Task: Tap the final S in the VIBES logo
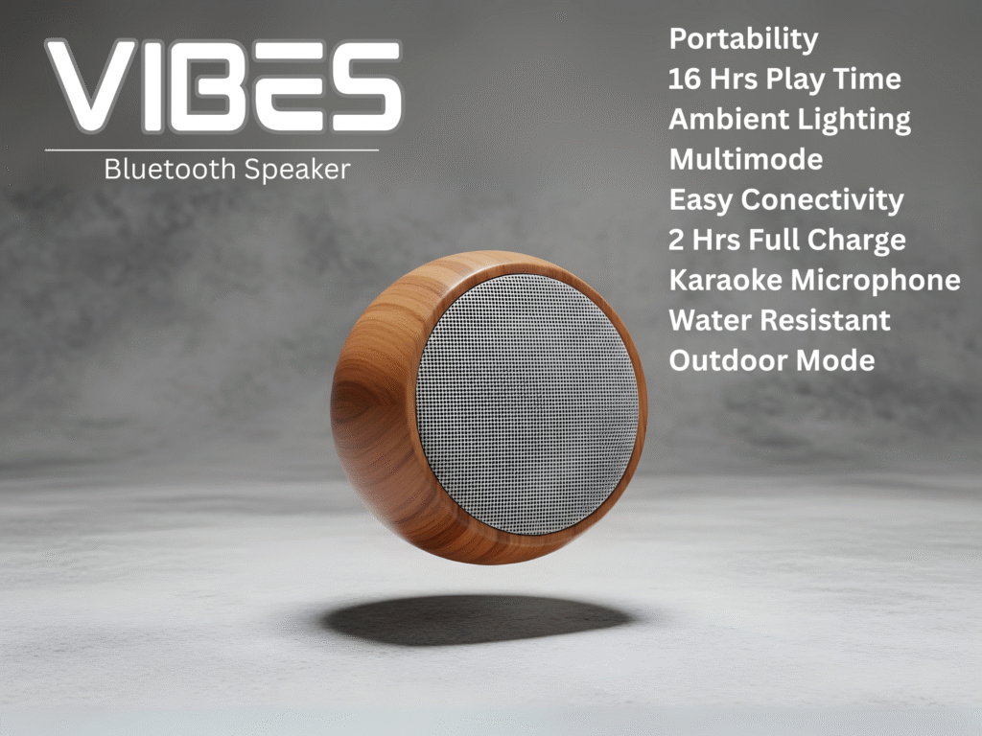[367, 86]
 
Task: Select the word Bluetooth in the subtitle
[170, 169]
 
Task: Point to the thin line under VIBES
[212, 150]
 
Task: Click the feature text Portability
[743, 39]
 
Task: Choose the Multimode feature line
[746, 159]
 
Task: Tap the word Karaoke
[725, 280]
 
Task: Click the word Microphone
[876, 281]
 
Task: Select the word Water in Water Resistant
[707, 320]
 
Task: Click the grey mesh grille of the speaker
[527, 404]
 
